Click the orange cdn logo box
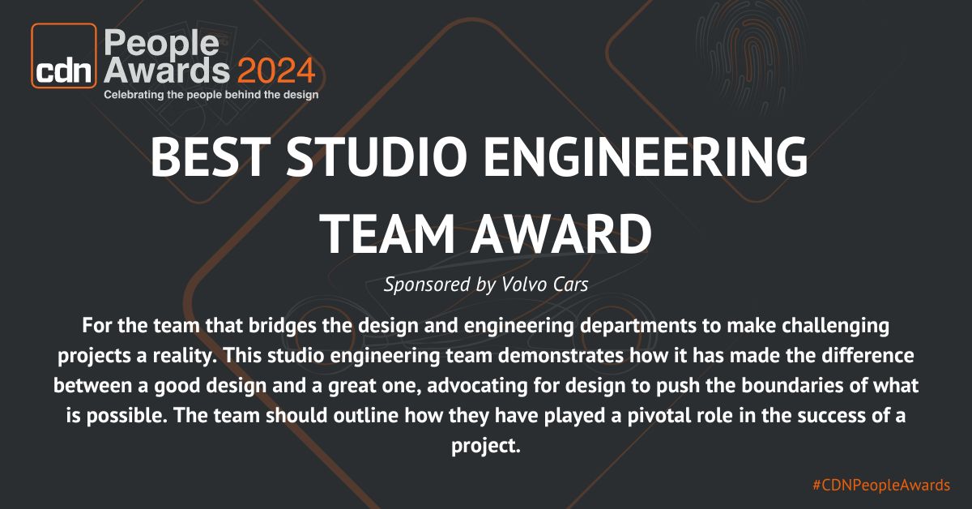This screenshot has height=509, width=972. click(63, 56)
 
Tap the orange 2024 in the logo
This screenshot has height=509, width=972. click(275, 71)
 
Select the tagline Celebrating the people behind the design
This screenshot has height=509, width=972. click(211, 95)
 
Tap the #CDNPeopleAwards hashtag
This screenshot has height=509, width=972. click(880, 485)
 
